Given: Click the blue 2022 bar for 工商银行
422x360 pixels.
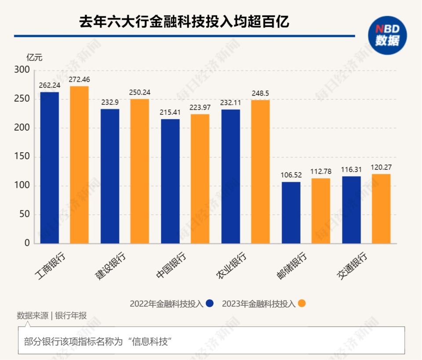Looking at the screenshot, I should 50,168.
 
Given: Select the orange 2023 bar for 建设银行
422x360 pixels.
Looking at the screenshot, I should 140,171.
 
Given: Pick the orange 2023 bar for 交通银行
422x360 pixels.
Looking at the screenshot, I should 381,209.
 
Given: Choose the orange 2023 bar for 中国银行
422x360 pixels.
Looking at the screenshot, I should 200,179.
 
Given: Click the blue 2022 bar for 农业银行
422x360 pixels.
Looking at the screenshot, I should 231,176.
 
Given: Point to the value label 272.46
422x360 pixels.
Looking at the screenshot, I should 79,80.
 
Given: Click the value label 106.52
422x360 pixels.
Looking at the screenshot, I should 291,176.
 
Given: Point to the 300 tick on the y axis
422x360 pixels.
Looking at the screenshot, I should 22,70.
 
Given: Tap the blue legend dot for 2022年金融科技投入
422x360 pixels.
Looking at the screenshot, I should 210,303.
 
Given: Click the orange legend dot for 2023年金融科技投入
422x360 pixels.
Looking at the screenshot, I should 302,303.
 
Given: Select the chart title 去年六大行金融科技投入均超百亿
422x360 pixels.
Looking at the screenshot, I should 184,22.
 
